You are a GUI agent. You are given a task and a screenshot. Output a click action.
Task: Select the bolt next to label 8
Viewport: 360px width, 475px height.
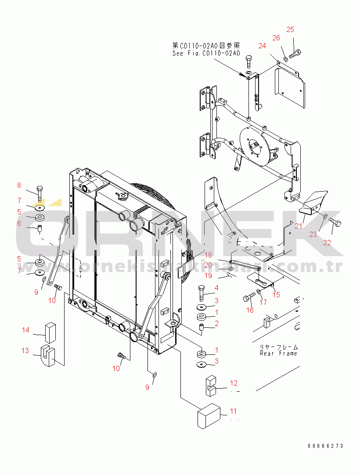(x=40, y=194)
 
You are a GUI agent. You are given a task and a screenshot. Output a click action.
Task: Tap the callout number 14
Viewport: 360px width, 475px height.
(x=26, y=330)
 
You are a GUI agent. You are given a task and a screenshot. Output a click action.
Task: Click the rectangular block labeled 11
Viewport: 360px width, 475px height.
(x=209, y=415)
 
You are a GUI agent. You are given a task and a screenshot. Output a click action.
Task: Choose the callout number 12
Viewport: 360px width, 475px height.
(x=233, y=383)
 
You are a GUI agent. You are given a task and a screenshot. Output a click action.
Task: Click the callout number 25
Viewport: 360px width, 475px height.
(x=290, y=29)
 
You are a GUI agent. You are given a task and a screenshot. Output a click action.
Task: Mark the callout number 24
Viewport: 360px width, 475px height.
(x=262, y=46)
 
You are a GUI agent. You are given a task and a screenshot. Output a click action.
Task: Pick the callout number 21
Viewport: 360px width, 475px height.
(x=299, y=226)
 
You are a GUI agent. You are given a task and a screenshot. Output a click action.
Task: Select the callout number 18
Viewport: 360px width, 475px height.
(x=208, y=255)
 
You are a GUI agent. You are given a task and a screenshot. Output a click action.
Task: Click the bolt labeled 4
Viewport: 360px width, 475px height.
(x=201, y=291)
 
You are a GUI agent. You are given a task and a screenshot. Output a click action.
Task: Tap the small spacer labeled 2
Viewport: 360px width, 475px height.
(x=202, y=327)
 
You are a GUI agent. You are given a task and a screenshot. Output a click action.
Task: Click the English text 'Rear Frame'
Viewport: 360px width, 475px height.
(x=278, y=353)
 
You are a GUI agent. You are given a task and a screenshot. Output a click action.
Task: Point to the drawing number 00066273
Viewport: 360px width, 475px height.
(x=325, y=446)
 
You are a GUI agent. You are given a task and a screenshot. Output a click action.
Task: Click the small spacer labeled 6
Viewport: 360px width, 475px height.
(x=39, y=229)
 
